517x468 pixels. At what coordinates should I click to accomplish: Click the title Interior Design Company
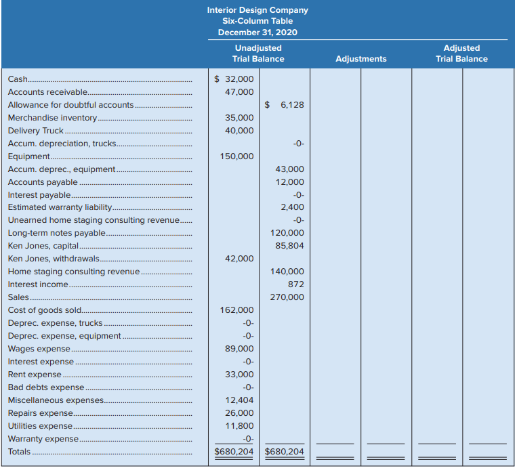pos(257,10)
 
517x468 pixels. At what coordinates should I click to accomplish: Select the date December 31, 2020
pos(257,33)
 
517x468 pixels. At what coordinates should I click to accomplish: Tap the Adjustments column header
pos(361,59)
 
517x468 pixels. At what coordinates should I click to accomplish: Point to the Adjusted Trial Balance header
pos(461,54)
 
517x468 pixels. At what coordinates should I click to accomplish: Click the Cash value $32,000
pos(234,79)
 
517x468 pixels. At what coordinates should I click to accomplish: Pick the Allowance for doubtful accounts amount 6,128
pos(284,105)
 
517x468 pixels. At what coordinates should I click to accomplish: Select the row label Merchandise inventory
pos(52,118)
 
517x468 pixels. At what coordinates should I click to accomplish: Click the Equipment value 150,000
pos(236,156)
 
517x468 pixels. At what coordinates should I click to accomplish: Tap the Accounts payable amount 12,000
pos(290,182)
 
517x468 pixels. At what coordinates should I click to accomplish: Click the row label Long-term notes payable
pos(57,233)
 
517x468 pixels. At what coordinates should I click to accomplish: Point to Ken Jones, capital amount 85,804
pos(289,246)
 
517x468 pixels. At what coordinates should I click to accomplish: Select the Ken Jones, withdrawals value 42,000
pos(239,259)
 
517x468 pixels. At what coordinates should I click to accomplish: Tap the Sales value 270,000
pos(287,297)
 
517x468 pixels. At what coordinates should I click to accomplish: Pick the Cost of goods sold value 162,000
pos(236,310)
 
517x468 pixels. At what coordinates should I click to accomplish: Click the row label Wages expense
pos(39,349)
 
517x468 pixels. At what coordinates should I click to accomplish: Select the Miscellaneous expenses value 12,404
pos(239,400)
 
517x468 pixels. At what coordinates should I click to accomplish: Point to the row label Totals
pos(19,452)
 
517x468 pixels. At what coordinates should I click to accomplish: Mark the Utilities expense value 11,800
pos(239,426)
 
